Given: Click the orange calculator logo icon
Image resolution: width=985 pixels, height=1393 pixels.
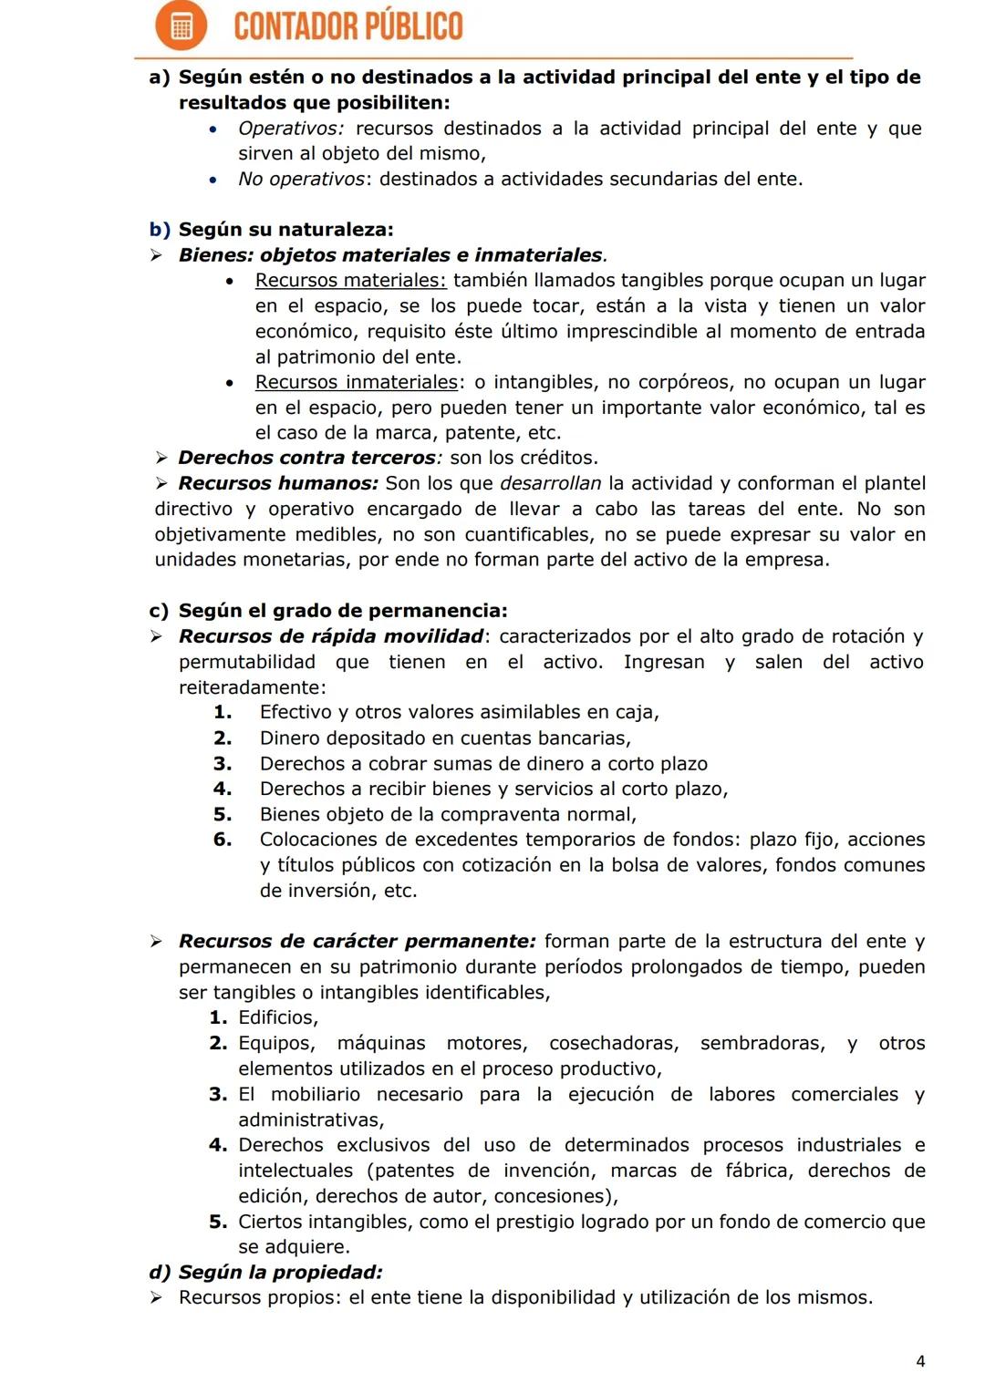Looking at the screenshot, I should [181, 26].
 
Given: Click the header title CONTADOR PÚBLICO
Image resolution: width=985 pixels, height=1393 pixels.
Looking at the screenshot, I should [348, 26].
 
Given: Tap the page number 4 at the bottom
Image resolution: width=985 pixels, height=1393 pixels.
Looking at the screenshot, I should [920, 1361].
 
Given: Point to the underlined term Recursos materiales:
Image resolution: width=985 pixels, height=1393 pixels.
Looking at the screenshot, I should [350, 281].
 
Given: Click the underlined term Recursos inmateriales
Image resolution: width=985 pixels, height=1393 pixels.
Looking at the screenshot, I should [356, 382].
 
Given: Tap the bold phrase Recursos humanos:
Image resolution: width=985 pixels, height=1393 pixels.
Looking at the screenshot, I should [277, 483].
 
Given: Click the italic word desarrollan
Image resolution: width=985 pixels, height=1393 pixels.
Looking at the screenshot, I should [550, 483].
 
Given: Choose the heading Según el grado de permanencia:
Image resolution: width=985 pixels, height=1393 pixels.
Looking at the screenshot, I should [343, 611].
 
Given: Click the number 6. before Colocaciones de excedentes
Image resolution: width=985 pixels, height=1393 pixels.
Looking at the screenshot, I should [223, 840].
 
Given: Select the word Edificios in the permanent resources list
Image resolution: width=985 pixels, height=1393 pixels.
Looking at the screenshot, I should [277, 1017].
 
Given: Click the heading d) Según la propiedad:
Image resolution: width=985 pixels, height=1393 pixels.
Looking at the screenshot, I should [265, 1272].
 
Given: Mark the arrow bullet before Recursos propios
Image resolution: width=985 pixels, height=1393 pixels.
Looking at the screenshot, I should [158, 1297].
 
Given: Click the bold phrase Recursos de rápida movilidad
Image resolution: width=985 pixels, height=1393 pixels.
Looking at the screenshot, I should [330, 636].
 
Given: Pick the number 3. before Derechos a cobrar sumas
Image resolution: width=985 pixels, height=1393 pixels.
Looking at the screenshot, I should [223, 764].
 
